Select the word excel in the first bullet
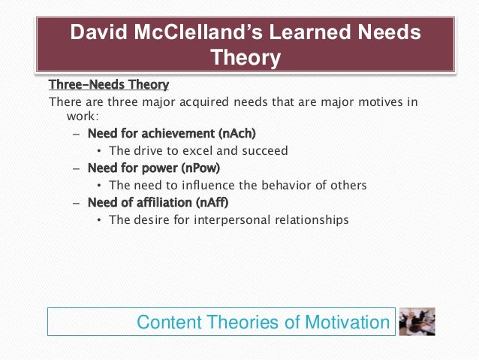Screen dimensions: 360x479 [x=194, y=151]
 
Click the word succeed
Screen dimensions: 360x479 [x=265, y=151]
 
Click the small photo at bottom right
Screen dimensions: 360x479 [x=416, y=321]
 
